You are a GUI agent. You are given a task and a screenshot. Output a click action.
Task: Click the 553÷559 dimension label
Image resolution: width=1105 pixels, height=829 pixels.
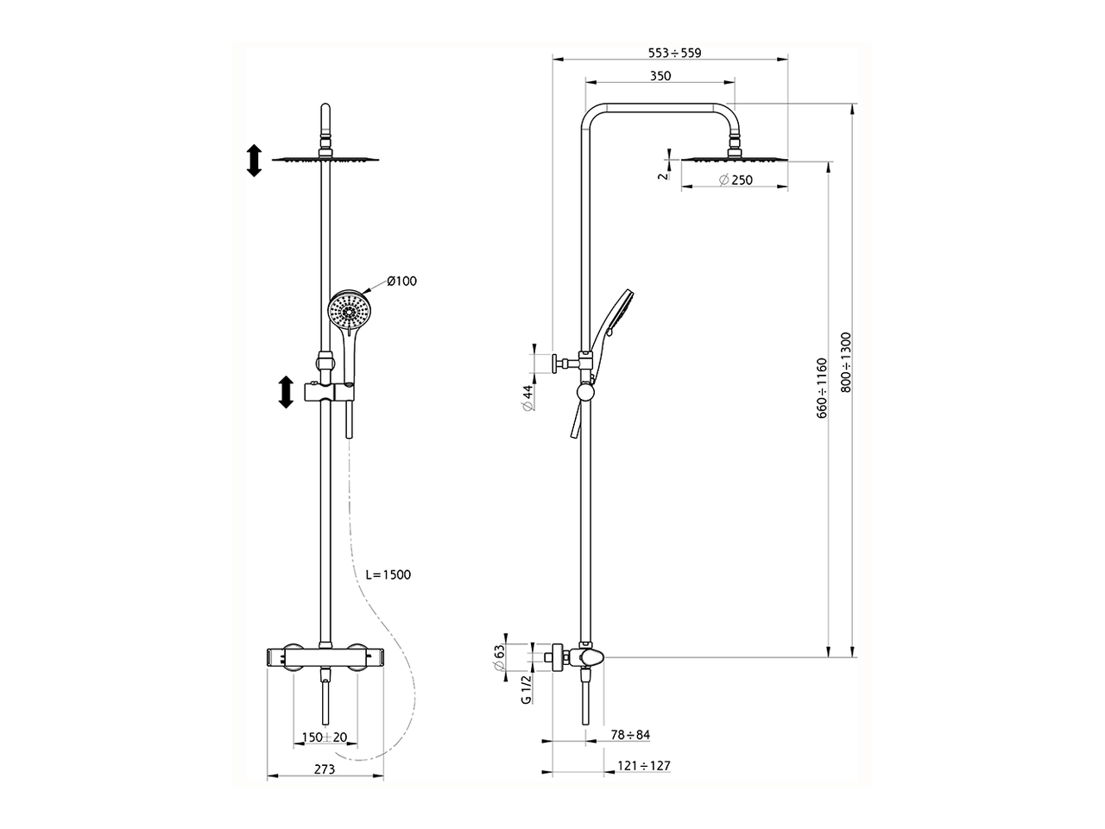pos(674,53)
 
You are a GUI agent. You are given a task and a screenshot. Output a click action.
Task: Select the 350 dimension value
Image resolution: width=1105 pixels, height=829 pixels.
pos(660,76)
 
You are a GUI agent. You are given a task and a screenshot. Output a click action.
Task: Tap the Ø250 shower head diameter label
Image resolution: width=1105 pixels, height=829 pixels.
pos(735,180)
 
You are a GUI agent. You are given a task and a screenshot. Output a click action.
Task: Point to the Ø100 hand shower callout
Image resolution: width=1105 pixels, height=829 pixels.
pos(401,282)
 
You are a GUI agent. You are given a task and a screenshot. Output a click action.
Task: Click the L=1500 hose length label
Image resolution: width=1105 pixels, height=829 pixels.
pos(388,574)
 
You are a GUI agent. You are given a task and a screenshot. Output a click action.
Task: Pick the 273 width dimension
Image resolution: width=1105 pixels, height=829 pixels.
pos(324,769)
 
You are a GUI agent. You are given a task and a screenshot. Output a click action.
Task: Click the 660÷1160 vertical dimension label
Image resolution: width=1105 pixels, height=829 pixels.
pos(822,389)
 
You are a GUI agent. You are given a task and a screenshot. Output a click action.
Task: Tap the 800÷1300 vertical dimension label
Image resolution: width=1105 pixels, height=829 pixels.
pos(846,363)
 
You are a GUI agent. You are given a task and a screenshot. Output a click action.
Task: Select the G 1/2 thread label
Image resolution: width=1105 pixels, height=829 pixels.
pos(525,689)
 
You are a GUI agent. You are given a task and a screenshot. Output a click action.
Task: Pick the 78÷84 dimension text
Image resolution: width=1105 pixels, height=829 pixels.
pos(630,735)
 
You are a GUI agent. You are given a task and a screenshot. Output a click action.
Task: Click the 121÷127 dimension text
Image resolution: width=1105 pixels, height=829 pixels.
pos(644,766)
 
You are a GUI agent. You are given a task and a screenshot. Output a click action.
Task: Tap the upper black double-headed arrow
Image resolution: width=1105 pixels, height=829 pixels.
pos(254,161)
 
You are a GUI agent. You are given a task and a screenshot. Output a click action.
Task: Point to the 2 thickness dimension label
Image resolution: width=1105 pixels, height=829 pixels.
pos(660,175)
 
